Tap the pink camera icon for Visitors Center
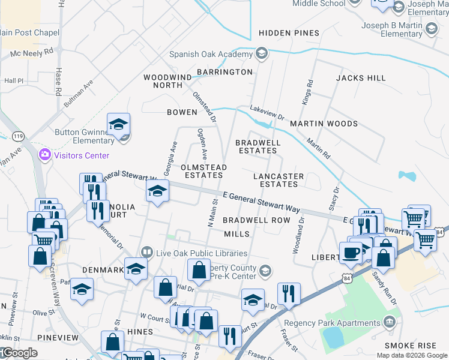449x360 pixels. (44, 155)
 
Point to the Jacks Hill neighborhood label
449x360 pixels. (361, 78)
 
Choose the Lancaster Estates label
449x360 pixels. (279, 180)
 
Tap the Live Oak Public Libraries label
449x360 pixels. (201, 253)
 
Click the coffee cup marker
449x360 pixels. (351, 251)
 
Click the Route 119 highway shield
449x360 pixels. (18, 137)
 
